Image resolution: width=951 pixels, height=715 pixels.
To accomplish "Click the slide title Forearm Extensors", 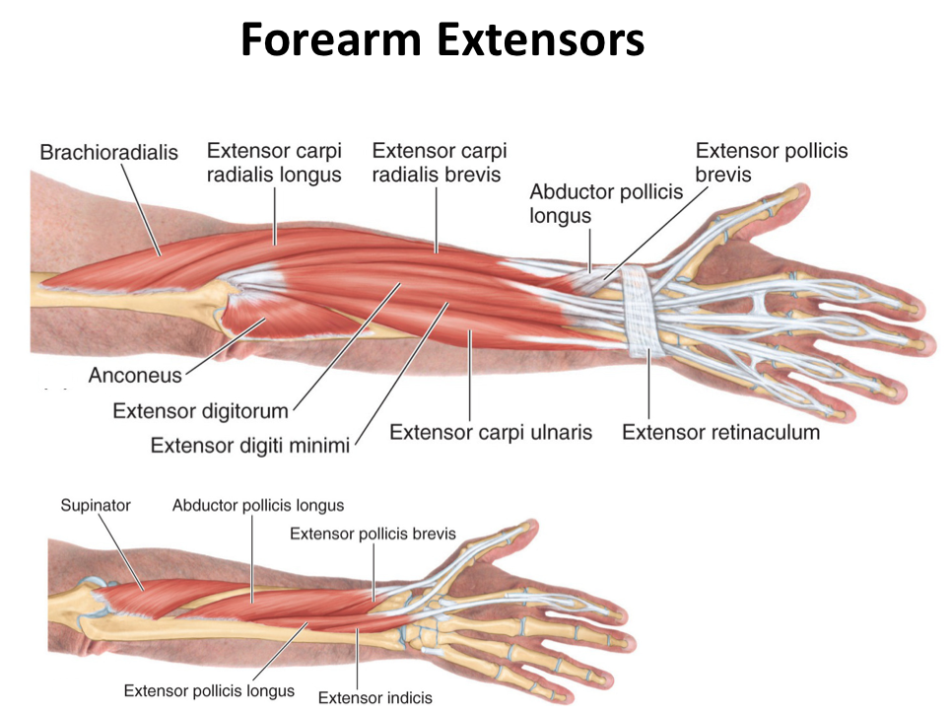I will click(x=442, y=40).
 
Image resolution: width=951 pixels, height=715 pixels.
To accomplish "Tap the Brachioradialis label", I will click(x=108, y=153).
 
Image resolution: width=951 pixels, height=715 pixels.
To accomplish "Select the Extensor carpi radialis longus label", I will click(x=274, y=163).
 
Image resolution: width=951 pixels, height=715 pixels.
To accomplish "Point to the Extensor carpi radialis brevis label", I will click(x=439, y=163).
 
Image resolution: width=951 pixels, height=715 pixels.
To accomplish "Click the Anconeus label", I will click(x=135, y=376).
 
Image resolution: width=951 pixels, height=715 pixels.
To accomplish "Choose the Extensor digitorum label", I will click(x=200, y=410).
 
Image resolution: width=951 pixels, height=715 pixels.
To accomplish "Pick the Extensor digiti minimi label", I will click(x=250, y=446).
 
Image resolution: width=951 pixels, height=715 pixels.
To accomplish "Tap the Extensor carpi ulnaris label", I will click(x=491, y=432).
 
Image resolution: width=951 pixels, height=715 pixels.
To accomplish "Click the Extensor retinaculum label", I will click(x=720, y=432).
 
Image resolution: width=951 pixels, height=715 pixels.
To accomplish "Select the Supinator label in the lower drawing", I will click(x=96, y=505).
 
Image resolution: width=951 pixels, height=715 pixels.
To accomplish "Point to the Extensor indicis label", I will click(x=374, y=698).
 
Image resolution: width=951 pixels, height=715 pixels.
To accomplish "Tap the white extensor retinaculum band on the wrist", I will click(x=642, y=306).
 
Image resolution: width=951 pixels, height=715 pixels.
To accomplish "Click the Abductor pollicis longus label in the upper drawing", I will click(x=606, y=203).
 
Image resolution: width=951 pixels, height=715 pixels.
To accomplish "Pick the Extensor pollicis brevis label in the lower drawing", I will click(x=373, y=534).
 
